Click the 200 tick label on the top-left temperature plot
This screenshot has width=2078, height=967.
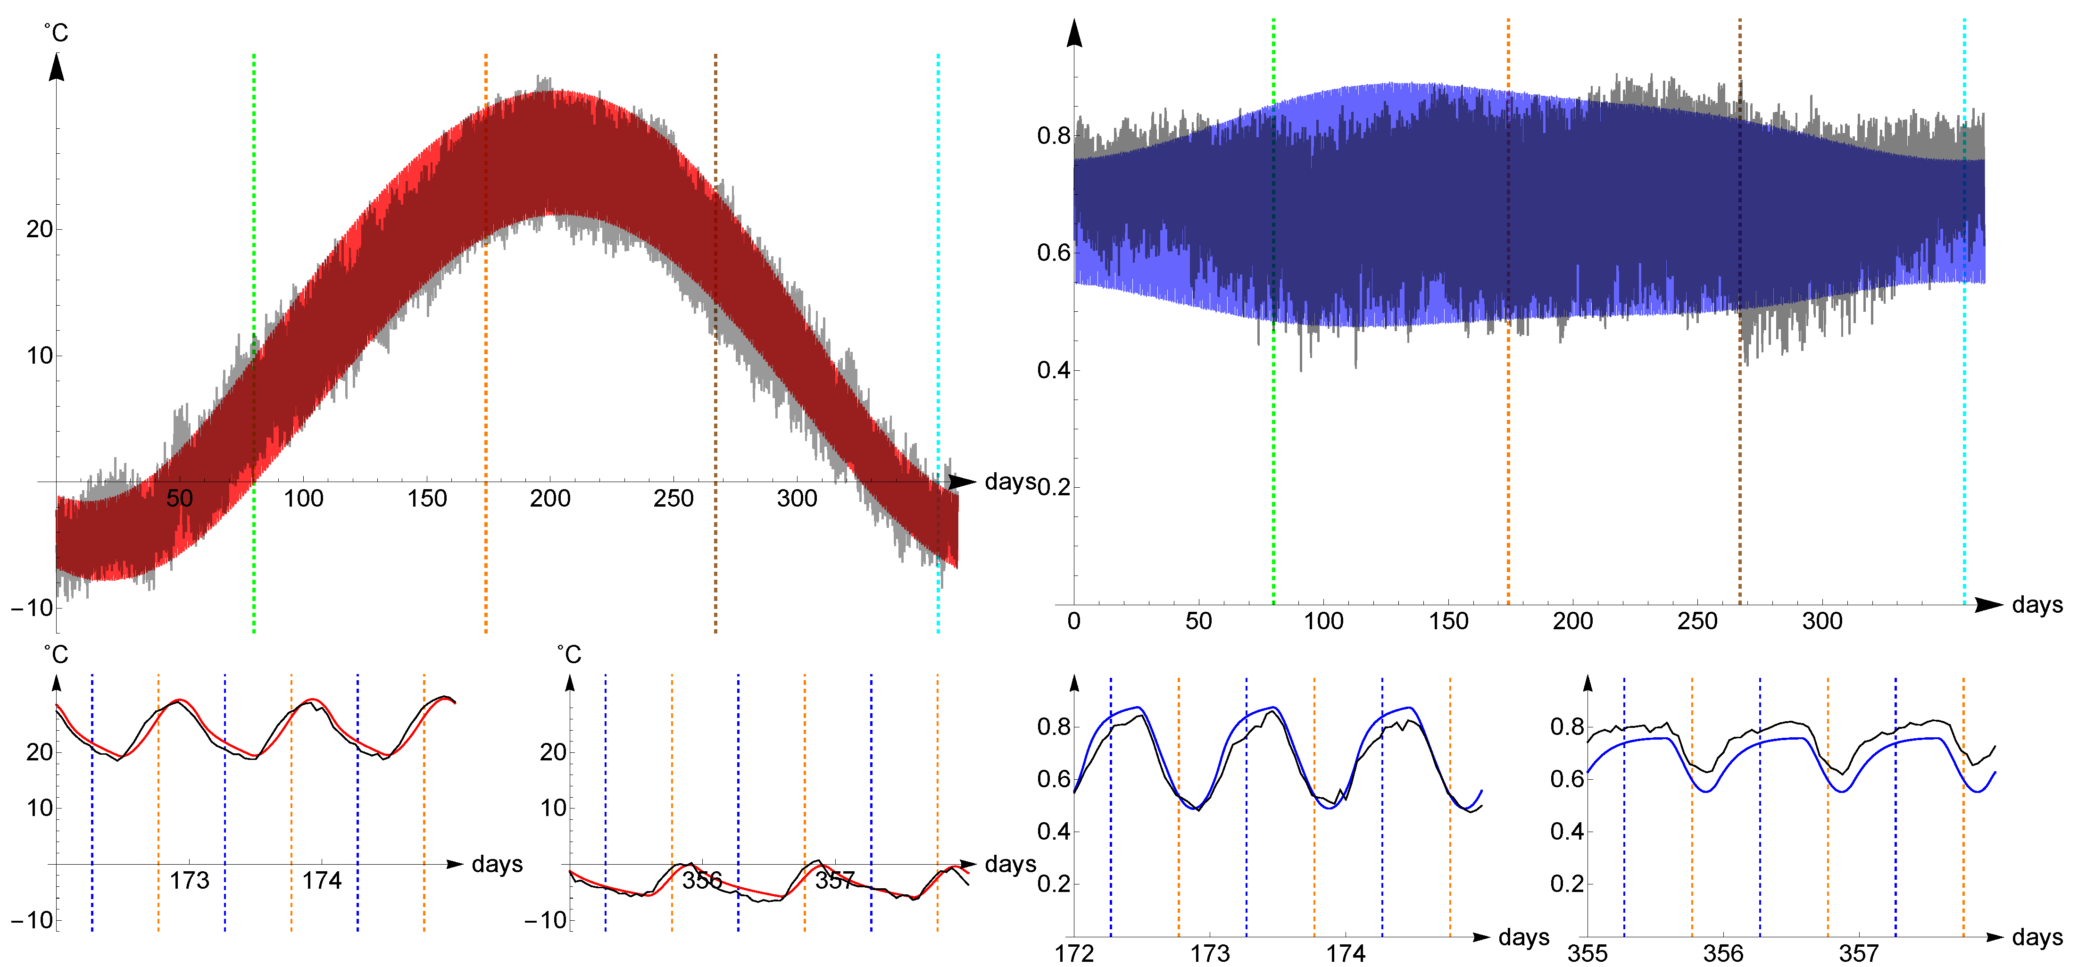[550, 499]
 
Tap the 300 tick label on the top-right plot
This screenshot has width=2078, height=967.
[1822, 621]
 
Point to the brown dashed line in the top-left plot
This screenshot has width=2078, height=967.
[715, 161]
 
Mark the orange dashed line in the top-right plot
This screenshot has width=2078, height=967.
[1508, 443]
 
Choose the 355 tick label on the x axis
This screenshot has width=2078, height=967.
[1588, 953]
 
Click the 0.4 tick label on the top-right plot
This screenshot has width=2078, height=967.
[1054, 370]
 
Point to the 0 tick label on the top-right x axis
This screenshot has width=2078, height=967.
[1074, 621]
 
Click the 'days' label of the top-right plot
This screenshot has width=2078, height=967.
[2037, 605]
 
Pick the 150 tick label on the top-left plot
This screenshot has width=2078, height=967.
[427, 499]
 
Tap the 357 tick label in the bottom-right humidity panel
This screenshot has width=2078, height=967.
[1859, 953]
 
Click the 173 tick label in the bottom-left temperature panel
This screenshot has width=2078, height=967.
[190, 880]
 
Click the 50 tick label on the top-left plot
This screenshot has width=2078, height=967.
[179, 499]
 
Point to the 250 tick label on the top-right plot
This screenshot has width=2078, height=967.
[1697, 621]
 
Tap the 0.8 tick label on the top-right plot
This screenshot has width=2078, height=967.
[1054, 135]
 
